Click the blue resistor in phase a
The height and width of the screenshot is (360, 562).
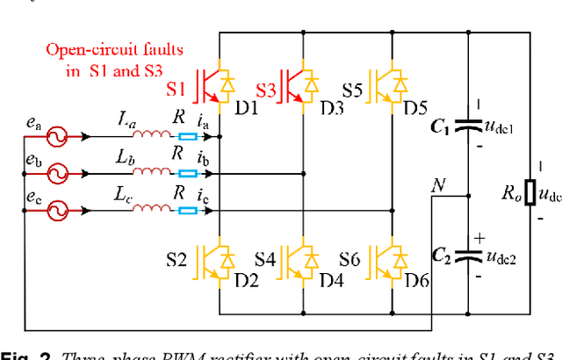pos(187,136)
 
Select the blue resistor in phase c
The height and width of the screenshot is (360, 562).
pos(187,210)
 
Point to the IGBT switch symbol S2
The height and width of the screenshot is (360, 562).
pos(212,260)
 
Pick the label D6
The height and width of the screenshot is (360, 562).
pos(415,280)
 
